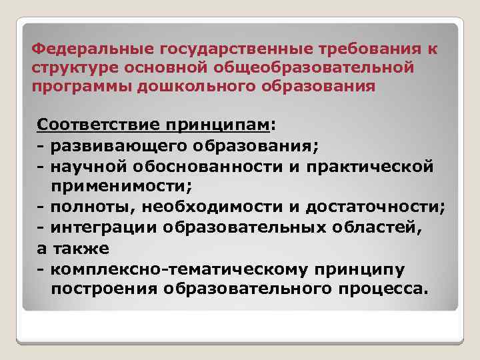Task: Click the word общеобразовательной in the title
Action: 321,68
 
